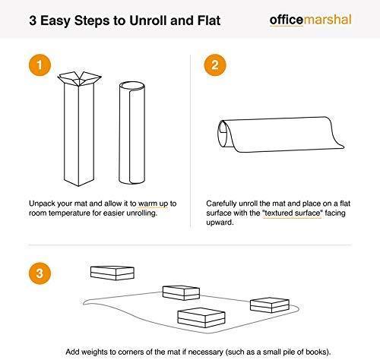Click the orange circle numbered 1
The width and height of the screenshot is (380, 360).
[x=40, y=65]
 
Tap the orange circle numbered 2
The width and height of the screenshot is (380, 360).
[x=215, y=65]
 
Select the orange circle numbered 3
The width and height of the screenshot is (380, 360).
[x=40, y=273]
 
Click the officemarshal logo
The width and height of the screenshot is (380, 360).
[x=311, y=20]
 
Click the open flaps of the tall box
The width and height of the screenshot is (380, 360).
[x=79, y=78]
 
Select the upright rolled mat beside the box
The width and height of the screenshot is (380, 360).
[x=132, y=133]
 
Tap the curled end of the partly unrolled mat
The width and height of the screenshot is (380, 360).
[x=224, y=134]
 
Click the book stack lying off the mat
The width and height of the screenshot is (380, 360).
[x=112, y=273]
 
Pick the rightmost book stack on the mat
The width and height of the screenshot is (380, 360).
[x=270, y=305]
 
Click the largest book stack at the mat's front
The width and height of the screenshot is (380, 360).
[x=201, y=317]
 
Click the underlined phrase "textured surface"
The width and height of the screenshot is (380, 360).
[x=293, y=213]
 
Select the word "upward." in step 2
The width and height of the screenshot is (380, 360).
[x=220, y=223]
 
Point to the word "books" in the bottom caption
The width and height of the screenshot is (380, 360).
[x=317, y=352]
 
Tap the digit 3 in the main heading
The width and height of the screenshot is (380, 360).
[x=33, y=21]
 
